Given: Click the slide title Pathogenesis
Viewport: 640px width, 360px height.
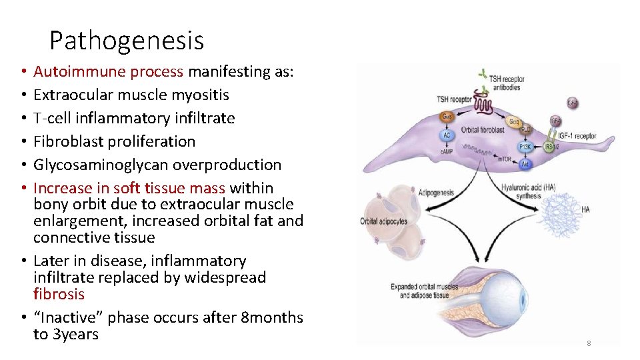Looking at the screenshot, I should tap(127, 41).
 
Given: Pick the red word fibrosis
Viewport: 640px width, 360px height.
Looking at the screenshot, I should tap(59, 294).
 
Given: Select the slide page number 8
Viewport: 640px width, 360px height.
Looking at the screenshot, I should tap(589, 343).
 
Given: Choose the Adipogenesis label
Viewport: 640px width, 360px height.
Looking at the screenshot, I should tap(437, 193).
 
